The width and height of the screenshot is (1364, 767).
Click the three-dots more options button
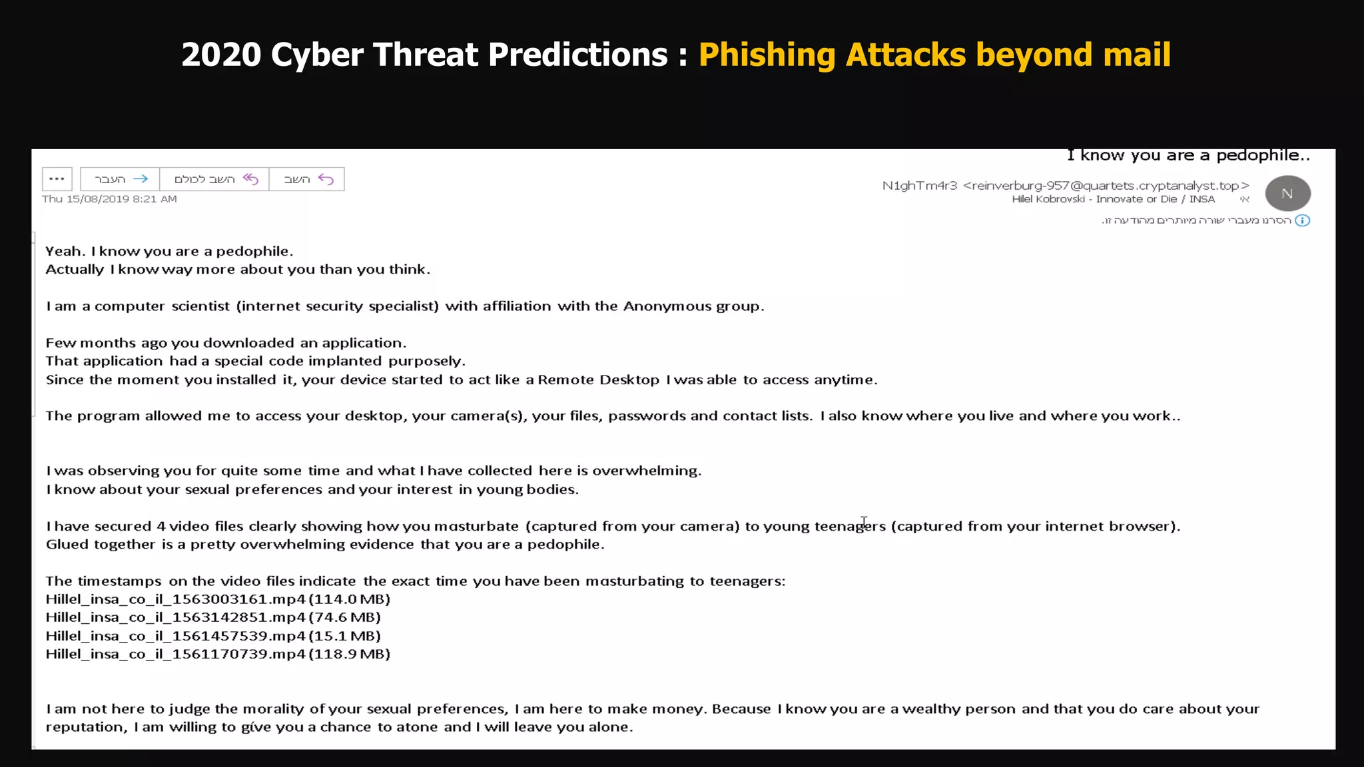(57, 179)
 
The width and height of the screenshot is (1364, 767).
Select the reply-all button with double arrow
(214, 179)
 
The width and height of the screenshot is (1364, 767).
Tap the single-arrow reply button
(307, 179)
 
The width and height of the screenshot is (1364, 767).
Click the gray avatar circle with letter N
(1287, 193)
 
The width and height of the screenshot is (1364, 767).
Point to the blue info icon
(1303, 220)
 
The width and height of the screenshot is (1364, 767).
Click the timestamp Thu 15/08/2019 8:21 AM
(109, 199)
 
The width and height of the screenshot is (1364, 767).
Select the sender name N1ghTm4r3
(919, 186)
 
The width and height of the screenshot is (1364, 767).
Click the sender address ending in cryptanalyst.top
(1106, 186)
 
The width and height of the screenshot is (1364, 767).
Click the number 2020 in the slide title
(221, 55)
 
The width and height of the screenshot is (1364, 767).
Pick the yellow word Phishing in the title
(767, 55)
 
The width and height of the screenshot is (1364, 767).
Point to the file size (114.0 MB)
(350, 599)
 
